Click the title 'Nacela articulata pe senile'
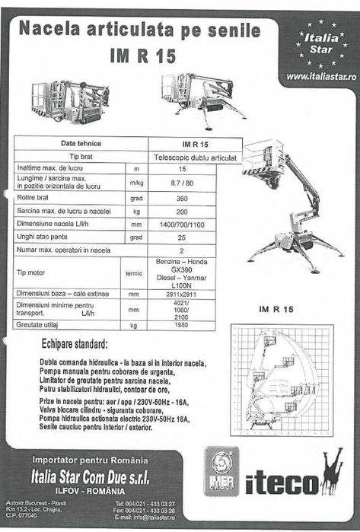point(139,30)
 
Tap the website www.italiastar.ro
point(320,76)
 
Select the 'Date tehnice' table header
point(81,143)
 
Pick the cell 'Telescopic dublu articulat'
point(195,156)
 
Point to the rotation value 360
point(182,197)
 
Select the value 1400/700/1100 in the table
point(182,225)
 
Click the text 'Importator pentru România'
point(91,460)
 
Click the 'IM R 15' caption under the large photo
point(276,308)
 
